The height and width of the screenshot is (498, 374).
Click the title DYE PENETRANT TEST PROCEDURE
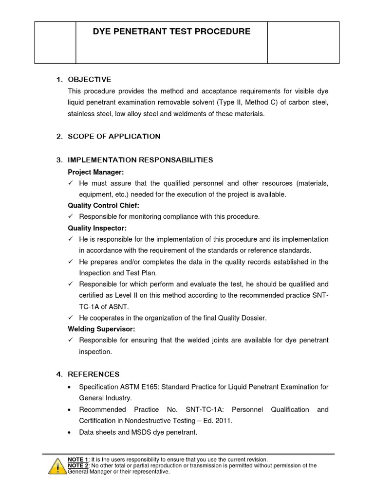[x=171, y=32]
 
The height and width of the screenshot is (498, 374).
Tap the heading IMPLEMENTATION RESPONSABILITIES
[x=140, y=160]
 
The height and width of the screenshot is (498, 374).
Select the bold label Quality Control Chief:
[x=103, y=205]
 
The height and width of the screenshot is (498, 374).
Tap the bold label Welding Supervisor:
[x=101, y=329]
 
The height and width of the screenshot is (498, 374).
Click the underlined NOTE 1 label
[x=77, y=460]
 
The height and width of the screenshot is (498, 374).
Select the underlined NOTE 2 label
[x=77, y=465]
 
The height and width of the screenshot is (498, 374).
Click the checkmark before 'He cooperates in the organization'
[x=71, y=318]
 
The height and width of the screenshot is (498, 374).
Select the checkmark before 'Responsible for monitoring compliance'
[x=71, y=216]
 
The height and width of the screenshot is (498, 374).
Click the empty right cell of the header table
[x=303, y=42]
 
